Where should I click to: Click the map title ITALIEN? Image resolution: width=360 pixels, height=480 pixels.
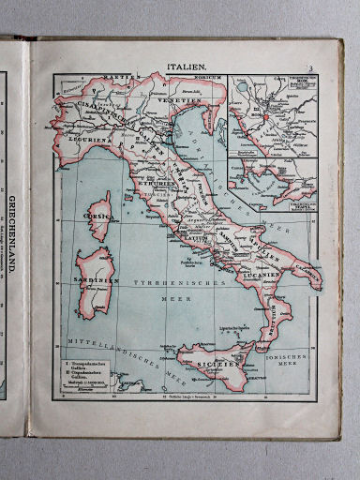[x=187, y=67]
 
